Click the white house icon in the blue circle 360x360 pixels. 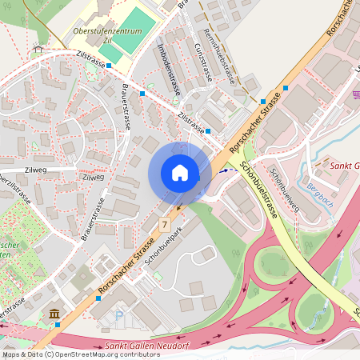179,173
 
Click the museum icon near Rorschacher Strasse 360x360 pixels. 54,313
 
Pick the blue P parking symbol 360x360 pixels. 119,314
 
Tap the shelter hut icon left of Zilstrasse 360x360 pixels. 38,49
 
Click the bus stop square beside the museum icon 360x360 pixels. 58,325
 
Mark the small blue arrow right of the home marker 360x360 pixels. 223,170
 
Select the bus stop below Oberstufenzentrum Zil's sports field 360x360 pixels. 108,69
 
